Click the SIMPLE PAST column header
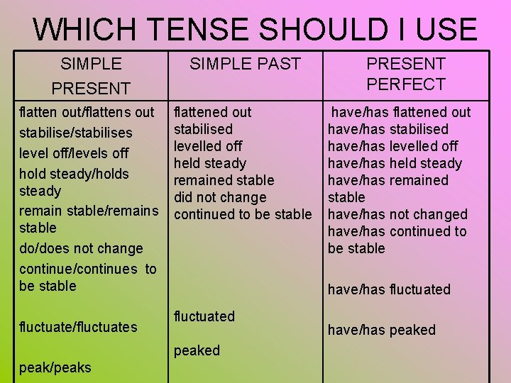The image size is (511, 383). pyautogui.click(x=245, y=64)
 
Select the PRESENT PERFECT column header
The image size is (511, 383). pyautogui.click(x=405, y=74)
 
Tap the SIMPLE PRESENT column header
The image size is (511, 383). pyautogui.click(x=91, y=76)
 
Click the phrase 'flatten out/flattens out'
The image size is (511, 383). pyautogui.click(x=87, y=112)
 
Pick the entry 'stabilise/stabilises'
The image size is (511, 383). pyautogui.click(x=76, y=133)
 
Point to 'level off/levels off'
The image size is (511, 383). pyautogui.click(x=74, y=153)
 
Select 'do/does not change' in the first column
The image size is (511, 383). pyautogui.click(x=81, y=248)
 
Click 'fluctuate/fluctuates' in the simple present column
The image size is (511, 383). pyautogui.click(x=78, y=327)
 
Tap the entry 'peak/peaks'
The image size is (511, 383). pyautogui.click(x=55, y=367)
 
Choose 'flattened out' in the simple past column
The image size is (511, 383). pyautogui.click(x=212, y=112)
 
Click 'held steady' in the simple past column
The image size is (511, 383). pyautogui.click(x=210, y=163)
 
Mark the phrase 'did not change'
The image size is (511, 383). pyautogui.click(x=220, y=197)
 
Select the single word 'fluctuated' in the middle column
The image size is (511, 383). pyautogui.click(x=204, y=316)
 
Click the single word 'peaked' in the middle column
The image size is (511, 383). pyautogui.click(x=197, y=350)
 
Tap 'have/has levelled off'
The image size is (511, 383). pyautogui.click(x=392, y=146)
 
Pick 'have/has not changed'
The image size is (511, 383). pyautogui.click(x=397, y=214)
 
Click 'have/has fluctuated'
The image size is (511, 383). pyautogui.click(x=389, y=289)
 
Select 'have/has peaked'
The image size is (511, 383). pyautogui.click(x=381, y=330)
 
